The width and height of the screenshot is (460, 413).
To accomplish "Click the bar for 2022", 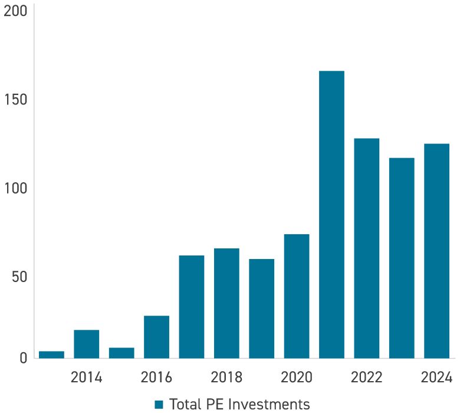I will coord(366,248).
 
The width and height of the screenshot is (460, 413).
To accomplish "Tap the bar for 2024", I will coord(436,251).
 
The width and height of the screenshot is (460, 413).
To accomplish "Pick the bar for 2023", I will coord(402,258).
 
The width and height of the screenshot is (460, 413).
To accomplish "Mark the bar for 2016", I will coord(156,337).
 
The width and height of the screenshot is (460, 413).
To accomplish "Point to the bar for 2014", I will coord(86,344).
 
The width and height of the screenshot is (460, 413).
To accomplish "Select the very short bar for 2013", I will coord(51,355).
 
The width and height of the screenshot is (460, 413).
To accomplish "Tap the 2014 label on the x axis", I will coord(86,377).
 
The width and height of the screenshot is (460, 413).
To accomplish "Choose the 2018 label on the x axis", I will coord(226,377).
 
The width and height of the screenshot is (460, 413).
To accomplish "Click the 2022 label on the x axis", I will coord(366,377).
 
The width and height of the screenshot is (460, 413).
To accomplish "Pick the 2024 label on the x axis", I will coord(436,377).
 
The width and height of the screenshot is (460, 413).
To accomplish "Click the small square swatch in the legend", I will coord(159,404).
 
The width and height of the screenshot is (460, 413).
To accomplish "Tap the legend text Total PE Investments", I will coord(239,404).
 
